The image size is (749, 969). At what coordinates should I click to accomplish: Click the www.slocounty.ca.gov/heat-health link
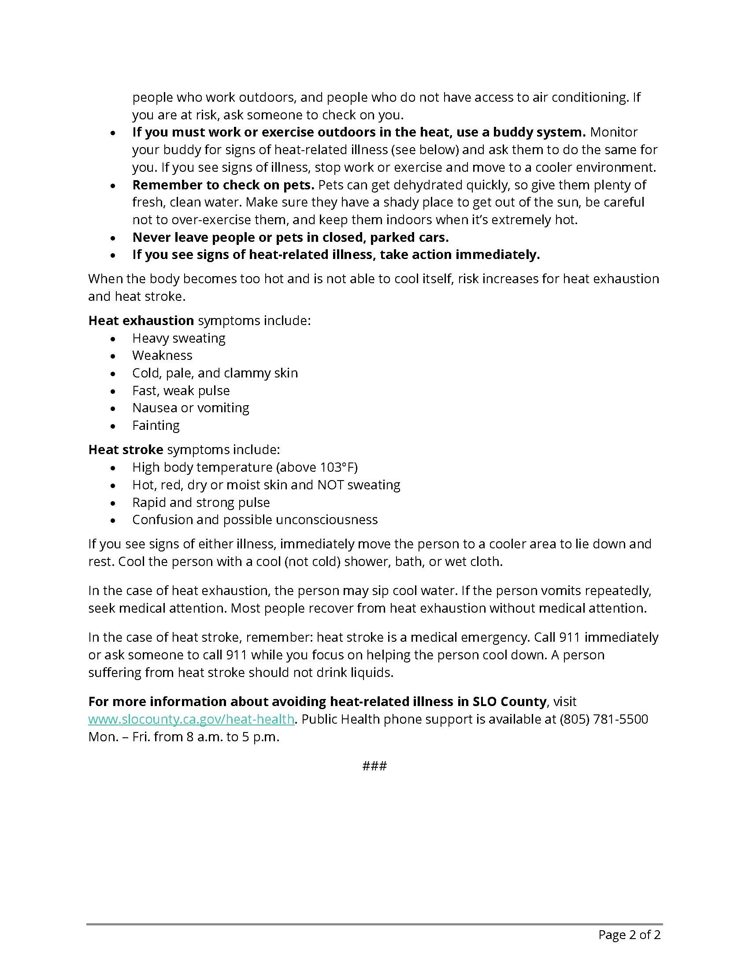point(191,719)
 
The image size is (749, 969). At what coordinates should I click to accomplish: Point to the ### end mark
point(374,766)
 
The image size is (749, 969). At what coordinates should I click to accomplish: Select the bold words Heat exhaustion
point(141,320)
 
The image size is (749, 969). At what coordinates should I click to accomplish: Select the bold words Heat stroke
point(126,449)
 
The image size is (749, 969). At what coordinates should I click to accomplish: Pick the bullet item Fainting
point(156,425)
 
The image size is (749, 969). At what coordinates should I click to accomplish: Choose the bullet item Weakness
point(162,355)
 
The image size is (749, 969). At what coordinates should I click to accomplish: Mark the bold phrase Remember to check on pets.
point(223,185)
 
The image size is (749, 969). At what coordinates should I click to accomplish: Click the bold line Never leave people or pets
point(290,237)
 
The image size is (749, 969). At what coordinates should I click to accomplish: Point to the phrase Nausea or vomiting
point(190,408)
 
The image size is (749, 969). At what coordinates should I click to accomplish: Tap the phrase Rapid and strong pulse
point(200,502)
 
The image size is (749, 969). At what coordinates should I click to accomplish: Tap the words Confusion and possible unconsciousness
point(255,520)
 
